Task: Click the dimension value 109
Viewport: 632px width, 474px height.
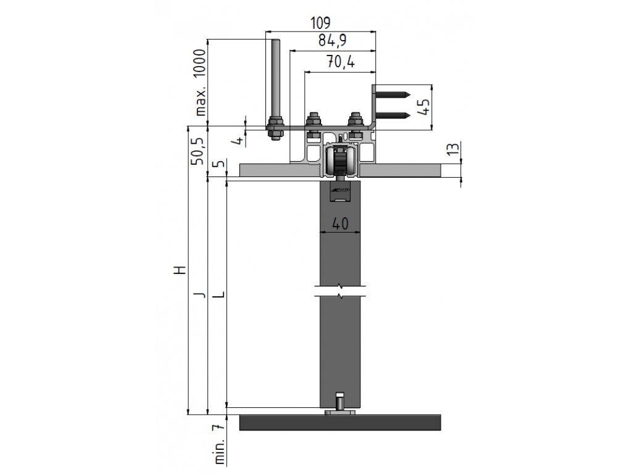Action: point(320,23)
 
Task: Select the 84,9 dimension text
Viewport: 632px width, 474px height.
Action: point(332,41)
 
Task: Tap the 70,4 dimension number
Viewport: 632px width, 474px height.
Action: point(341,62)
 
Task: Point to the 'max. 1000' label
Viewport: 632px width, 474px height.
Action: point(201,82)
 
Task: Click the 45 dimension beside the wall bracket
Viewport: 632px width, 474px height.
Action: point(423,107)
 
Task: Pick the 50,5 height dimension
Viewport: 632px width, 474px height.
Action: point(197,151)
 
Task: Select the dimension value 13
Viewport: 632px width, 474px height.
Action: point(454,149)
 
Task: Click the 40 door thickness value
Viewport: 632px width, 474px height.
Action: point(340,223)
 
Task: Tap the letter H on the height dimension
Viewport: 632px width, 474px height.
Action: point(182,270)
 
